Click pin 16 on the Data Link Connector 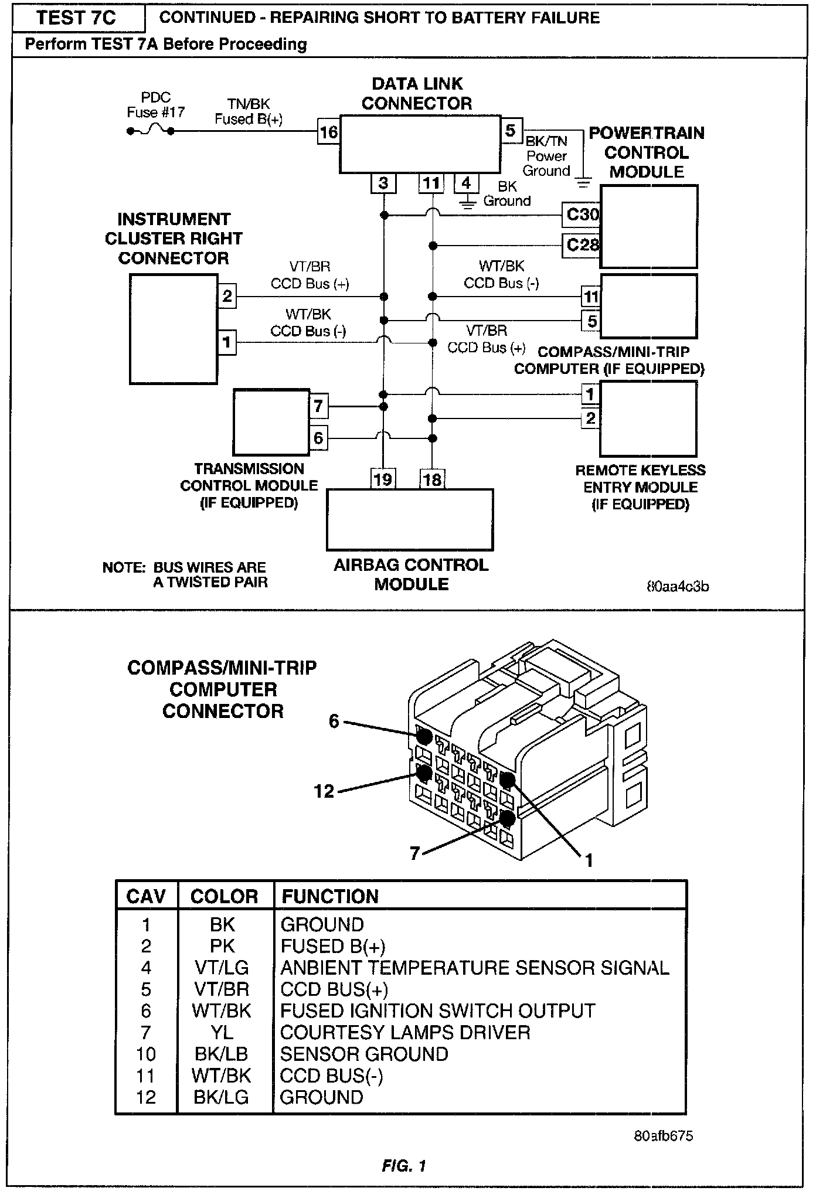pos(328,132)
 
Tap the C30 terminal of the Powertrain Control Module pos(581,215)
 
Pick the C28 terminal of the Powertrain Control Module pos(581,244)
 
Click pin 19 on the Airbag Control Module pos(383,479)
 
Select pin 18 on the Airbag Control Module pos(432,479)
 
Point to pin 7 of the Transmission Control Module pos(318,406)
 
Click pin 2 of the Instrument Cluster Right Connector pos(227,296)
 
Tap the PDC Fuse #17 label pos(155,105)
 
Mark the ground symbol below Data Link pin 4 pos(467,205)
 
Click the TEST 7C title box pos(77,18)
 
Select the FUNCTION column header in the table pos(330,896)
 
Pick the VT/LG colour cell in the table pos(222,968)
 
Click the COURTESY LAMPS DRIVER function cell pos(405,1033)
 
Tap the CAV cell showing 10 pos(145,1054)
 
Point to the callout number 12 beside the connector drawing pos(324,791)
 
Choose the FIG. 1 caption pos(404,1166)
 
